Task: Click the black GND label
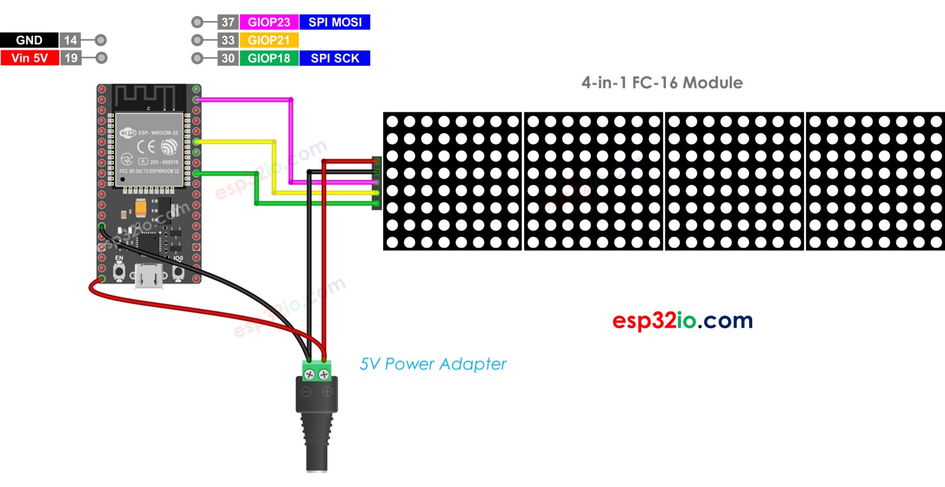point(29,40)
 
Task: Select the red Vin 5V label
point(29,58)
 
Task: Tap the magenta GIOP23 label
point(269,22)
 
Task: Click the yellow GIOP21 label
point(269,40)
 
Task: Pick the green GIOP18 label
point(269,58)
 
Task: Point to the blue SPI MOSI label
point(335,22)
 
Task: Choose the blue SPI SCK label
point(335,58)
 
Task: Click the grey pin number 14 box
point(70,40)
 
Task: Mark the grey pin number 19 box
point(70,58)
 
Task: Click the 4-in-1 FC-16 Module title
point(661,82)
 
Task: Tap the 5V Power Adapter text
point(433,364)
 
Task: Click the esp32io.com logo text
point(682,320)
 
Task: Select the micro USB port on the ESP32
point(149,278)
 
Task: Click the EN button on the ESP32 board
point(119,273)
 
